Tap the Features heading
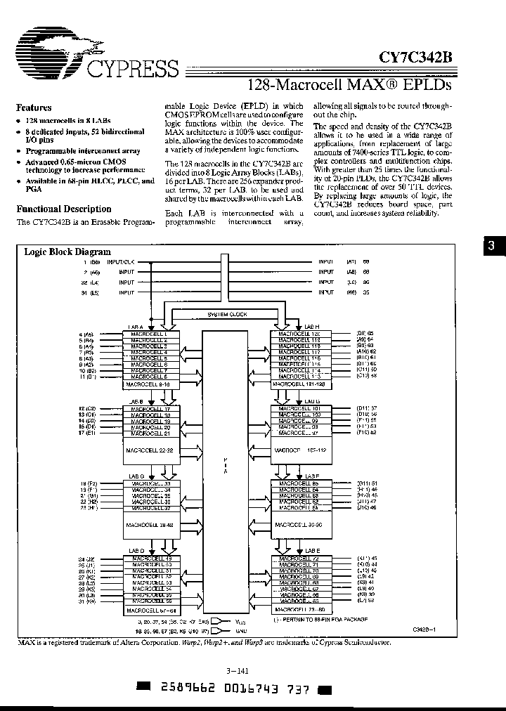34,107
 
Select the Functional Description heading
63,209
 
